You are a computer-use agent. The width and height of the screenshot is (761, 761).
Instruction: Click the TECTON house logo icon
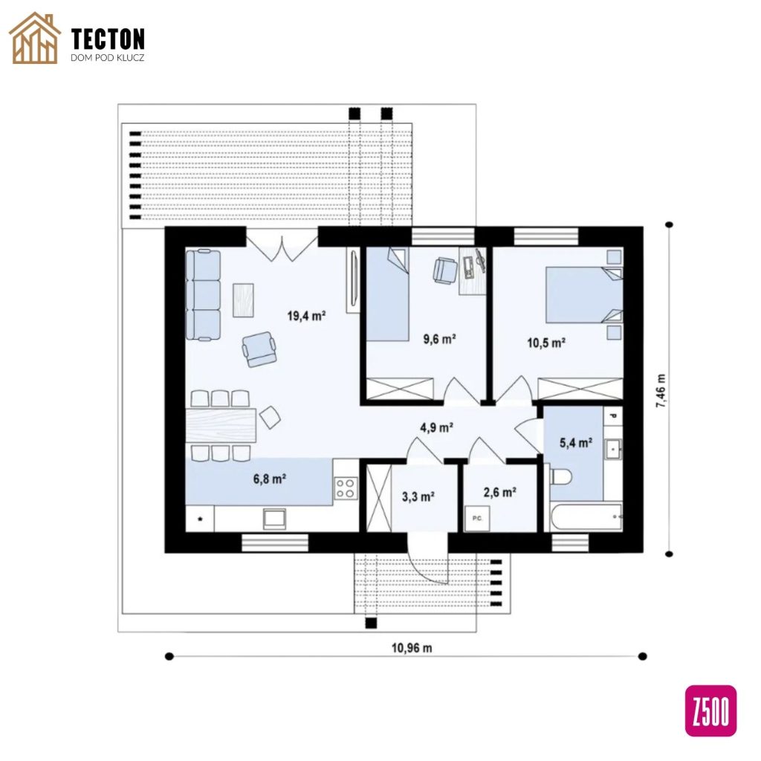(x=35, y=39)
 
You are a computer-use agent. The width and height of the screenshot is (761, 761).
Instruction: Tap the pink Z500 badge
(x=710, y=710)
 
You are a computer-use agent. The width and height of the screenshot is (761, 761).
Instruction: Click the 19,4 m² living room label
(x=306, y=316)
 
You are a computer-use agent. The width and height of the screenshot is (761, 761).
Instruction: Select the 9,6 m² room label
(x=439, y=339)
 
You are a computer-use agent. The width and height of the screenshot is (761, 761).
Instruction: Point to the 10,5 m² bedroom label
(x=546, y=343)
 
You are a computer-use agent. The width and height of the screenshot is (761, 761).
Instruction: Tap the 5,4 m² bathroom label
(x=576, y=443)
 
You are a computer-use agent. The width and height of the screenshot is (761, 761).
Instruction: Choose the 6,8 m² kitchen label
(x=269, y=479)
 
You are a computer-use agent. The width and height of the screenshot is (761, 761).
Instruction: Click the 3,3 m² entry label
(x=418, y=496)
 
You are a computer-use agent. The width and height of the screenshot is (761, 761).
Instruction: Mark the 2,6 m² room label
(x=499, y=493)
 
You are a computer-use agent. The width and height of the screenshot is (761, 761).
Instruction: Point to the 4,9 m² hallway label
(x=436, y=427)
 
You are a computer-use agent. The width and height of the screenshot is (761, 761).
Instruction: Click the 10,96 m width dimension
(x=412, y=648)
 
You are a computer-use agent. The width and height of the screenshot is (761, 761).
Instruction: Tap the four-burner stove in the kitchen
(x=346, y=488)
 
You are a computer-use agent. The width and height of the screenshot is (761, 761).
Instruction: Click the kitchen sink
(x=274, y=519)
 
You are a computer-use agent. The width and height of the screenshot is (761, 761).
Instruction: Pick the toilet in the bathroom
(x=560, y=476)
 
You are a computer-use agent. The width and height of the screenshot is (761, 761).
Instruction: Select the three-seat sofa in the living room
(x=204, y=294)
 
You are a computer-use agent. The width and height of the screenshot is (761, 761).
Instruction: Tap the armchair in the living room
(x=259, y=349)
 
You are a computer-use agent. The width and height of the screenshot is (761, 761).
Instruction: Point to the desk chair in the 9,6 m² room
(x=445, y=270)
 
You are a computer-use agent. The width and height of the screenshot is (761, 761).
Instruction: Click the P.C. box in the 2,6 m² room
(x=477, y=518)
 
